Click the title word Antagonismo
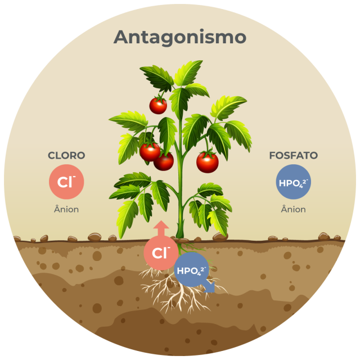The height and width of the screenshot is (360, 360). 180,37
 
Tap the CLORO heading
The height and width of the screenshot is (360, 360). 66,156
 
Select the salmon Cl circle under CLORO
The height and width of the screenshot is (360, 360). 66,182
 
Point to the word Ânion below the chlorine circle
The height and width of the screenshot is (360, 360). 66,210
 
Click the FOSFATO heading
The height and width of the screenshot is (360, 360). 293,156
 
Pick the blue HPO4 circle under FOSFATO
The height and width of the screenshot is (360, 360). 293,182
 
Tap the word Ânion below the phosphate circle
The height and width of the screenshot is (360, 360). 293,210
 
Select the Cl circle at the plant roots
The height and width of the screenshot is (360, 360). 161,253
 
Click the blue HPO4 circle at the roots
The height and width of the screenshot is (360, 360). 192,271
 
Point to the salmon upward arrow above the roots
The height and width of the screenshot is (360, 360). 161,228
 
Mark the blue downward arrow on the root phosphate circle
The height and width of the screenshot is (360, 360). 209,286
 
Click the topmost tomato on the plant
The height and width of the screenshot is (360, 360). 158,105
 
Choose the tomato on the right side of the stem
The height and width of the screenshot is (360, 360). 207,162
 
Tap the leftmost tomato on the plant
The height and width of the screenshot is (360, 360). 150,151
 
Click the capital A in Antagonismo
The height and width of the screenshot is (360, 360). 121,37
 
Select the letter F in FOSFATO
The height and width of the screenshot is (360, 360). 272,156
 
